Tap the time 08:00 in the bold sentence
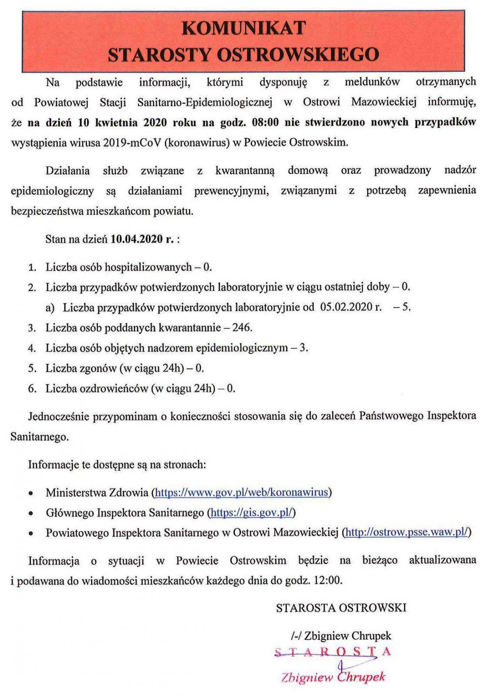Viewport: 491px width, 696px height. coord(265,122)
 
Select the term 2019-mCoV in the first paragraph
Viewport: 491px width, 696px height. coord(132,143)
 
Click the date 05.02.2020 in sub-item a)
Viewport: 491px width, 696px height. coord(351,307)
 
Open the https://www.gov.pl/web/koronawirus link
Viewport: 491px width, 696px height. coord(241,492)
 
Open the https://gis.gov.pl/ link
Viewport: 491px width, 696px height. coord(251,513)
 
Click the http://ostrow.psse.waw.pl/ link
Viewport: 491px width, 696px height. coord(407,532)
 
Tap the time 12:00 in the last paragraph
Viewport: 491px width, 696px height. coord(327,580)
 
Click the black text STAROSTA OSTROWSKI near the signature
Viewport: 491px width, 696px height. coord(341,608)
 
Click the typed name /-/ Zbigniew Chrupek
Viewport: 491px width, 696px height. coord(341,636)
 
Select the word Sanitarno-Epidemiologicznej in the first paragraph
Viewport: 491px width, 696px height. coord(205,102)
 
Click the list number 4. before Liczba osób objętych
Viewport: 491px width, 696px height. coord(32,348)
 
